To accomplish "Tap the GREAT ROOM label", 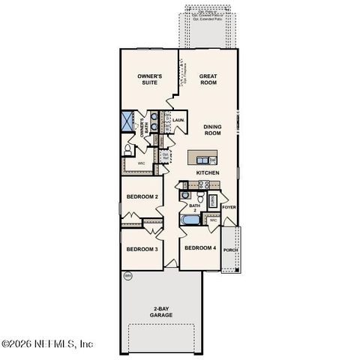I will click(207, 79).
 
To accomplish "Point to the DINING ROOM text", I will click(213, 130).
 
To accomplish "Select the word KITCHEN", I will click(208, 173).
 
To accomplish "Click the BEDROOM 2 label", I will click(141, 196).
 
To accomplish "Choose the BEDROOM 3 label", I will click(141, 249).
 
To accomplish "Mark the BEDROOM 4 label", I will click(200, 248).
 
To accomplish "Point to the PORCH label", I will click(229, 250).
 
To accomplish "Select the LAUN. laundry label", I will click(178, 120).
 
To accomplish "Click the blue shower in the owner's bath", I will click(127, 121).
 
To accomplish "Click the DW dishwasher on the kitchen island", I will click(213, 160).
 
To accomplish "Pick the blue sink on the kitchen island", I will click(199, 159).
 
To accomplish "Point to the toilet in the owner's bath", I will click(130, 150).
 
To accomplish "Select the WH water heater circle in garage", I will click(127, 276).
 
